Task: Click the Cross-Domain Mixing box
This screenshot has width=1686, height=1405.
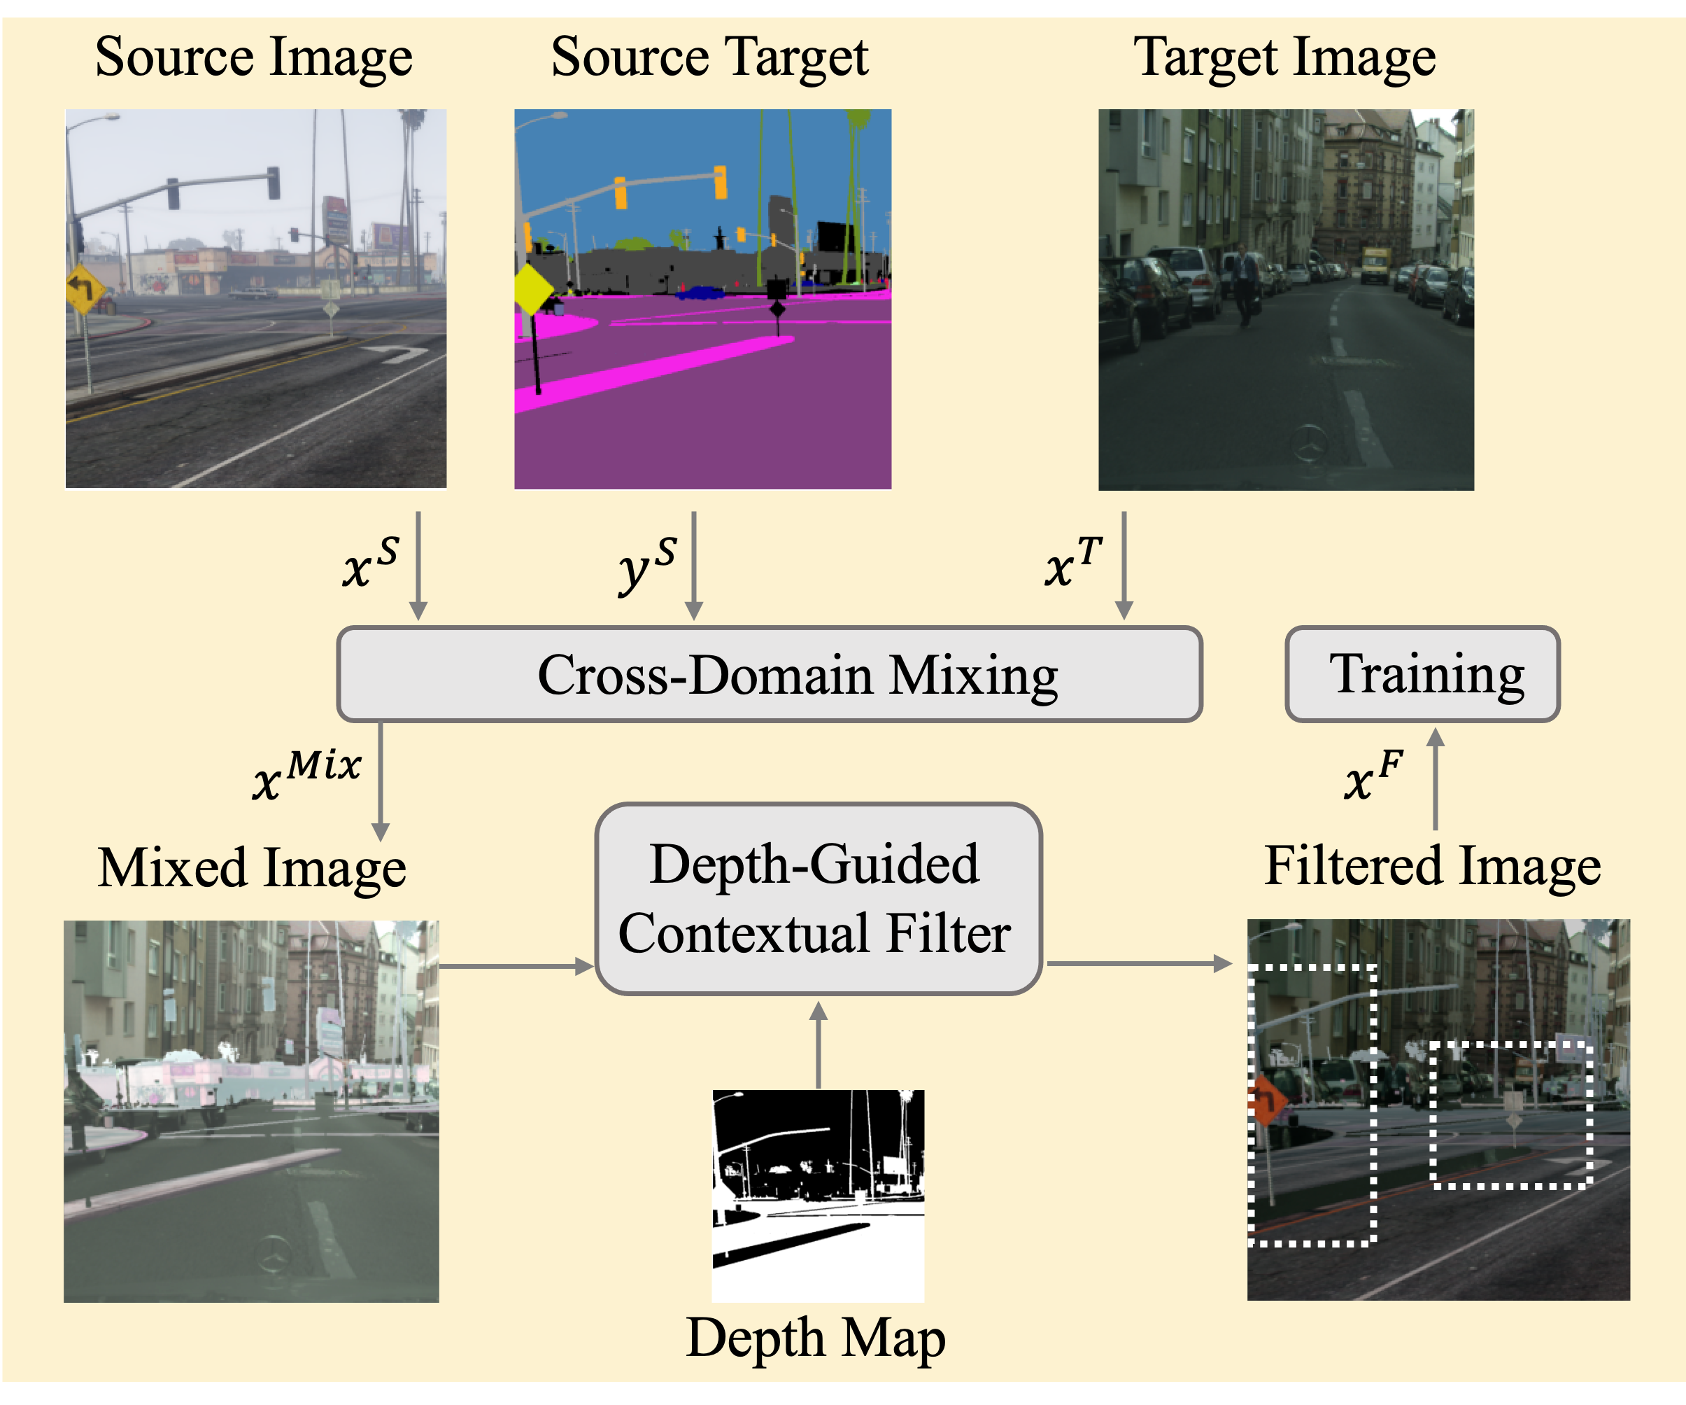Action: (x=769, y=674)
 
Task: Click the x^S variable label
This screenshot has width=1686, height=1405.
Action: (x=370, y=562)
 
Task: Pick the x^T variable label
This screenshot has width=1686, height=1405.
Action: (x=1073, y=562)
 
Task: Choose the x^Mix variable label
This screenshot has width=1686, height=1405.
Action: (x=306, y=774)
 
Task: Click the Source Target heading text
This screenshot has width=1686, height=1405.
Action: (x=709, y=58)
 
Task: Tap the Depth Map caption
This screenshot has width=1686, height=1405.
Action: (x=816, y=1338)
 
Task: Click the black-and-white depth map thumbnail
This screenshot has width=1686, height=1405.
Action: (x=817, y=1194)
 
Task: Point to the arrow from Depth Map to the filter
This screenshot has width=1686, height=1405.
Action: (x=817, y=1044)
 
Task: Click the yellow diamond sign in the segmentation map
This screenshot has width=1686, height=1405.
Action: (x=532, y=289)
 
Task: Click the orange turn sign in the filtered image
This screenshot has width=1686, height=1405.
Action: (x=1267, y=1100)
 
